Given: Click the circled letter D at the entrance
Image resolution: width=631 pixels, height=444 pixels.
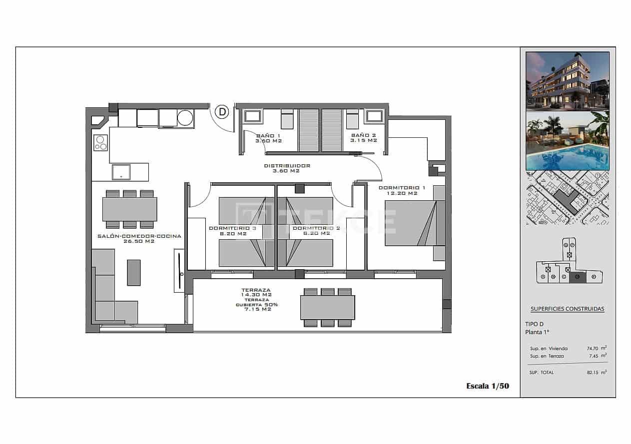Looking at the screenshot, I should (222, 112).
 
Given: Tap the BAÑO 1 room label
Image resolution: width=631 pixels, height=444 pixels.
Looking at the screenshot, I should (268, 136).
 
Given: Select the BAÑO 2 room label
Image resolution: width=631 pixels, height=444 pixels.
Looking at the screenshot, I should (363, 135).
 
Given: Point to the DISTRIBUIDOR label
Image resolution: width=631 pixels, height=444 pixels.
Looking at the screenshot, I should (287, 166).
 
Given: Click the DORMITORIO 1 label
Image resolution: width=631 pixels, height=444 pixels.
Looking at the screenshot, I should (398, 188).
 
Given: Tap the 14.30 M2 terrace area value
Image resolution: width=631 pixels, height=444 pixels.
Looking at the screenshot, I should (256, 295).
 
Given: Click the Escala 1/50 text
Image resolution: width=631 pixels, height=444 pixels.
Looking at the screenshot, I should (487, 386).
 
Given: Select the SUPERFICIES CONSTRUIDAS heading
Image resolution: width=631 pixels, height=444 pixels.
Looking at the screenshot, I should (567, 309).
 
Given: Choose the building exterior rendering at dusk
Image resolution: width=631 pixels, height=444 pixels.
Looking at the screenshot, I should (567, 80).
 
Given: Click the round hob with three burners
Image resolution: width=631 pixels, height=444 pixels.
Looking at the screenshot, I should (100, 143).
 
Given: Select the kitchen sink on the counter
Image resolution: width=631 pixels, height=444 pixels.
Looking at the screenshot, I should (121, 172).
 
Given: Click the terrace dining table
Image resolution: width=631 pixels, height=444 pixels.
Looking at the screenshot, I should (327, 307).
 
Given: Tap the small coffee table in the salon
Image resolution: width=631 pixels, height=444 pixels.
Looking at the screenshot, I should (133, 273).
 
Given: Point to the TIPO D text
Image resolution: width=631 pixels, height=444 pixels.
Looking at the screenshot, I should (535, 324).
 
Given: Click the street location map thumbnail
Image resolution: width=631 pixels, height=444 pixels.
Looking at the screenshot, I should (567, 198).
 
